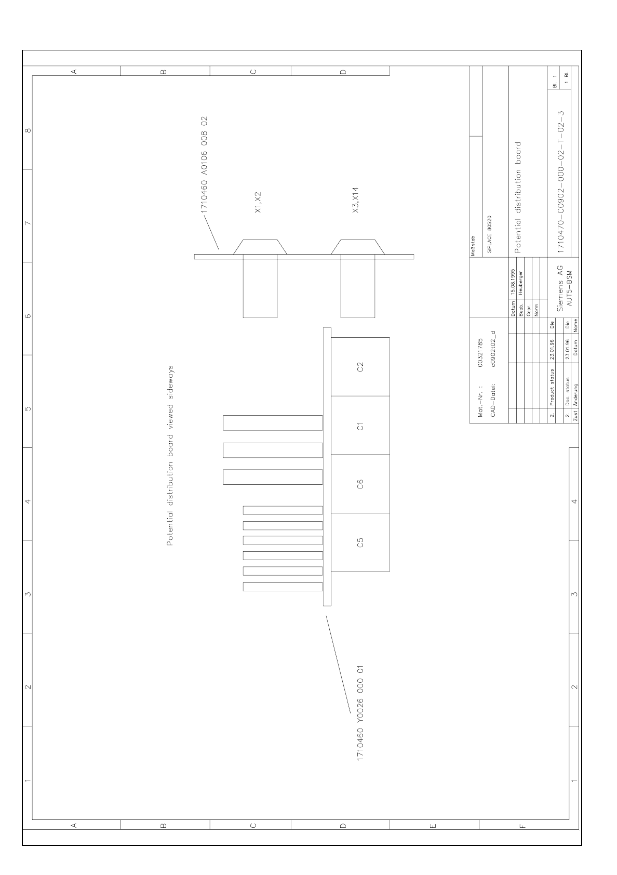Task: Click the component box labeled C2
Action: click(x=360, y=366)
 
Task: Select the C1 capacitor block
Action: click(x=360, y=426)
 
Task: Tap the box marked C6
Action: click(x=360, y=484)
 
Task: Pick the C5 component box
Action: click(x=360, y=542)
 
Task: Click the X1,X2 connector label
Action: click(x=258, y=202)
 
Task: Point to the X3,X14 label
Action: click(x=355, y=200)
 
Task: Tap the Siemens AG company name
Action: click(x=560, y=288)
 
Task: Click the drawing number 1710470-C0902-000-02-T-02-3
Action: click(x=561, y=182)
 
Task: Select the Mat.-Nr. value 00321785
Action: click(x=480, y=353)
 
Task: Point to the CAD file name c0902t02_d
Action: click(x=493, y=349)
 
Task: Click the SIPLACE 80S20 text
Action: click(x=490, y=234)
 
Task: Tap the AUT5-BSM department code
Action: click(x=569, y=288)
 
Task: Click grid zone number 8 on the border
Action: click(x=28, y=130)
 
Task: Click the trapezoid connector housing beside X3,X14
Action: click(x=358, y=247)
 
